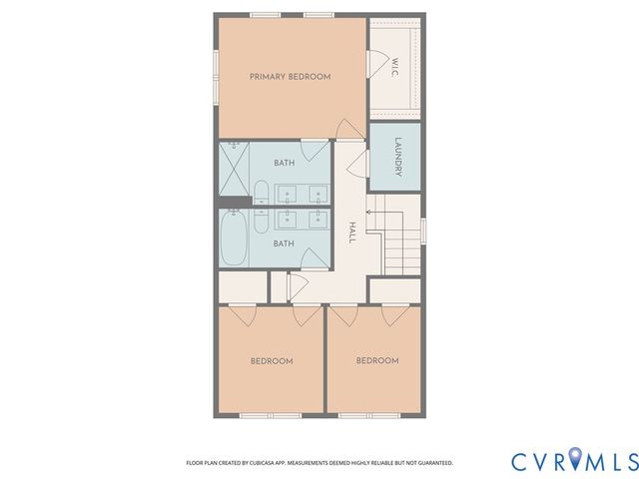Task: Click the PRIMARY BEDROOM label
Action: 290,77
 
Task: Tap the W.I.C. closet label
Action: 394,67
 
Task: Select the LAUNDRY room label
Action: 397,157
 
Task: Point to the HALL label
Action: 351,234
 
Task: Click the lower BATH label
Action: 285,243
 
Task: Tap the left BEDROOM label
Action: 271,361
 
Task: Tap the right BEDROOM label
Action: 377,361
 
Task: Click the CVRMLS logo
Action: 574,461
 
